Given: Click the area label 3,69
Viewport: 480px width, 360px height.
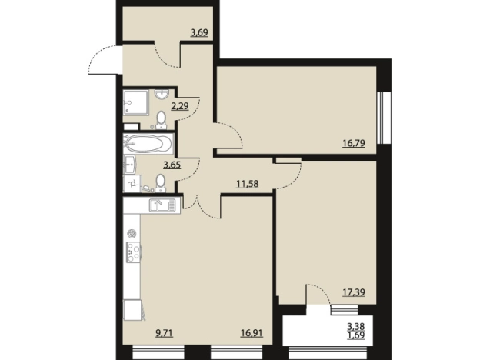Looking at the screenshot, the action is click(x=199, y=32).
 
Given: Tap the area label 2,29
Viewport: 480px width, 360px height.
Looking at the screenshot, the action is click(x=180, y=106).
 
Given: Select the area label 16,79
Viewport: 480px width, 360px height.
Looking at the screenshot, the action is click(x=354, y=143).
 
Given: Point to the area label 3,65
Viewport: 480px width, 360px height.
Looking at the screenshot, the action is click(x=172, y=165).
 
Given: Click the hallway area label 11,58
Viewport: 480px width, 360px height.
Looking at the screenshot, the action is click(x=248, y=184).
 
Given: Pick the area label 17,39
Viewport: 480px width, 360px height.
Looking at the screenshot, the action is click(x=354, y=292).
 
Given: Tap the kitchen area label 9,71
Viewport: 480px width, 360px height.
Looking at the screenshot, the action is click(x=165, y=333).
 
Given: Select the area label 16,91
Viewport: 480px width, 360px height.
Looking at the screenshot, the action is click(x=252, y=333).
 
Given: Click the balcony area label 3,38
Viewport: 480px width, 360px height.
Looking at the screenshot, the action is click(x=355, y=326).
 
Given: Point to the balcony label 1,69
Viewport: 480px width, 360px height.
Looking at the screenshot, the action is click(x=355, y=335).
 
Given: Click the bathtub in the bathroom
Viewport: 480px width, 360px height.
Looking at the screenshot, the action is click(x=148, y=144).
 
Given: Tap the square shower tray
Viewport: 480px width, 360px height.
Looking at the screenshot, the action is click(x=136, y=102).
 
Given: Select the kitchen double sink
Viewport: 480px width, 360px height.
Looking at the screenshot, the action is click(x=162, y=205).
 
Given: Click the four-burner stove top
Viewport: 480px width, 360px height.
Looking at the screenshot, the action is click(x=134, y=252).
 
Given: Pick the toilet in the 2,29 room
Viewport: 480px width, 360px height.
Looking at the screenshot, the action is click(x=161, y=120).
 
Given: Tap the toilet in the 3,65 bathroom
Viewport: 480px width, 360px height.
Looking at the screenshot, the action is click(x=161, y=183).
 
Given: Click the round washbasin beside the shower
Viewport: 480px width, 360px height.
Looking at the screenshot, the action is click(x=162, y=95).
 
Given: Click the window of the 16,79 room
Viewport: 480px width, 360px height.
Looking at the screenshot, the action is click(x=381, y=117).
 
